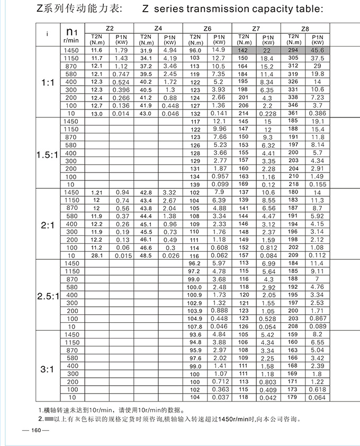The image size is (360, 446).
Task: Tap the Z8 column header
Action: click(305, 28)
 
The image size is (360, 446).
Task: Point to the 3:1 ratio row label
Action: click(47, 369)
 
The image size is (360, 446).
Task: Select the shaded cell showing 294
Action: click(293, 50)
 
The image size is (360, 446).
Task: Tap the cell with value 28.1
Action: click(97, 256)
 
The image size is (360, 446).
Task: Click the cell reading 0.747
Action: click(121, 75)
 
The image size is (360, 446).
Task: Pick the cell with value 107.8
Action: click(195, 326)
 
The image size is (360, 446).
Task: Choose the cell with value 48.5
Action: click(146, 256)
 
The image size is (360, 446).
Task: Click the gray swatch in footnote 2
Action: click(49, 420)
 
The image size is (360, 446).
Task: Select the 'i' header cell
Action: click(47, 34)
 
